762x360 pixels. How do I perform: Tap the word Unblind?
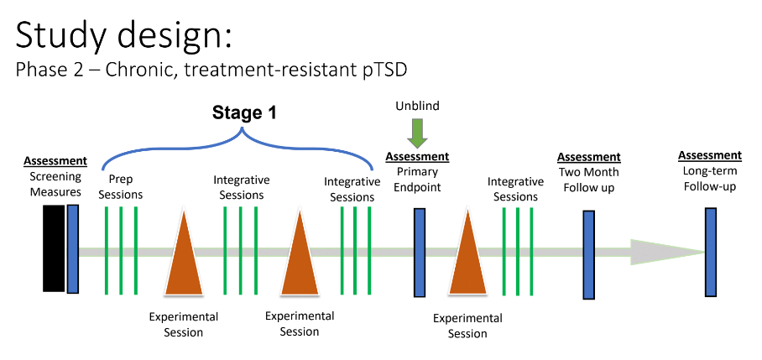pos(417,107)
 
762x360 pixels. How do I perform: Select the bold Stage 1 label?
pos(243,112)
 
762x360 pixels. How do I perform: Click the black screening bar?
pos(54,248)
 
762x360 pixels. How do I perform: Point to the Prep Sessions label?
pos(121,187)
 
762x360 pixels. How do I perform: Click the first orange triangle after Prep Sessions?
pos(182,256)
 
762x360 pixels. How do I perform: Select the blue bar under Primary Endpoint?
pos(420,252)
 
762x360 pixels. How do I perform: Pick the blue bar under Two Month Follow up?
pos(589,254)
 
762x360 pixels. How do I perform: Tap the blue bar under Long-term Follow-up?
pos(711,252)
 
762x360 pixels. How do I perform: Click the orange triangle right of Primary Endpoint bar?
pos(467,256)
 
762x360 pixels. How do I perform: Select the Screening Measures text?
pos(55,185)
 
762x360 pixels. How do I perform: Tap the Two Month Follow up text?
pos(589,180)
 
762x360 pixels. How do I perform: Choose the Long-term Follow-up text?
pos(710,178)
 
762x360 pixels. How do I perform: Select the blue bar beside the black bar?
pos(73,248)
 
